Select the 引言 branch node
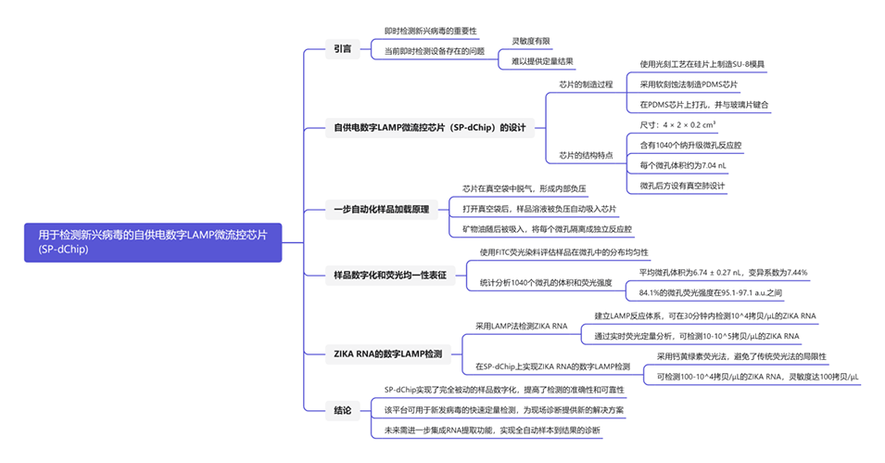point(343,49)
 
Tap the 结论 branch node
point(343,409)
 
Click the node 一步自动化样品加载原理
point(381,210)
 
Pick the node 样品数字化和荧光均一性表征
point(389,275)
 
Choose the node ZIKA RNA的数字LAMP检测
point(387,353)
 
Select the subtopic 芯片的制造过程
point(586,84)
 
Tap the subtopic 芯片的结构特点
point(586,155)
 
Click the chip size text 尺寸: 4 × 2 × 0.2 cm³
point(677,124)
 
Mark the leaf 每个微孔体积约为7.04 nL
point(684,165)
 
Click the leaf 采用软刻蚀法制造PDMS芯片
point(689,84)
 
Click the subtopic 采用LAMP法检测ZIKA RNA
point(521,326)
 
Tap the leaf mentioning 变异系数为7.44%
point(723,273)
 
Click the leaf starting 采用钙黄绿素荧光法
point(741,356)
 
